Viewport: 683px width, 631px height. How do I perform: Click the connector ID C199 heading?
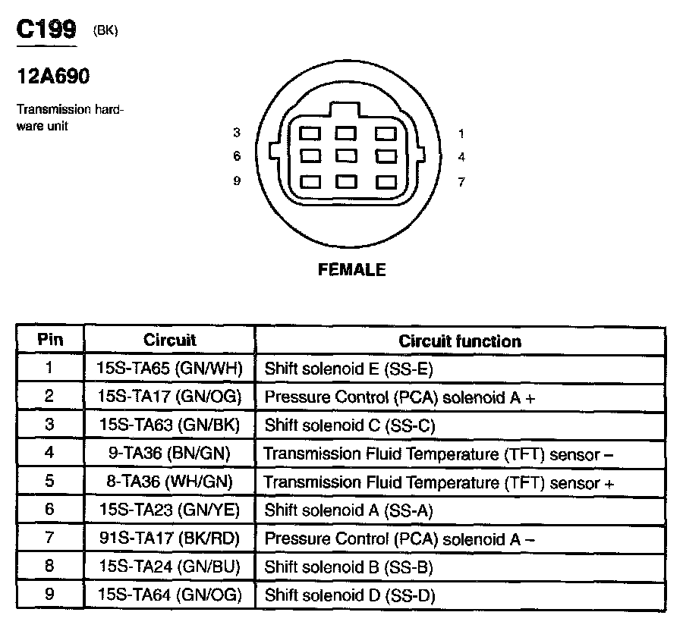click(46, 30)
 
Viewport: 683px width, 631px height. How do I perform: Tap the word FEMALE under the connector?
click(352, 270)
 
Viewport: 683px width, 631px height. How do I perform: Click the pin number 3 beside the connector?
click(237, 133)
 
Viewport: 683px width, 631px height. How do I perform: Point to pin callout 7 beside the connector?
click(461, 182)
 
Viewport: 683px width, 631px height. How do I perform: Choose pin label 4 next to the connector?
click(461, 157)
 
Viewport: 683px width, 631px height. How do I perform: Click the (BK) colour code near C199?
click(105, 31)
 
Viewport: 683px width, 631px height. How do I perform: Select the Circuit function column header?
click(460, 341)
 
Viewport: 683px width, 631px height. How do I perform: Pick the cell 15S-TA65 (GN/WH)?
click(169, 369)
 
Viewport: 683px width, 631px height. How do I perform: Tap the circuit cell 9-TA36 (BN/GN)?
click(169, 454)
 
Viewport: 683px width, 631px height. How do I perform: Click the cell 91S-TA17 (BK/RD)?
click(169, 538)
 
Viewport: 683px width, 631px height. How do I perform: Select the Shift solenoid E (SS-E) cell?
click(348, 369)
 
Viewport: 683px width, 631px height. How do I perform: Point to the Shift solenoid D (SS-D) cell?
click(349, 595)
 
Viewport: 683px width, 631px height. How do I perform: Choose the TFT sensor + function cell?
click(439, 482)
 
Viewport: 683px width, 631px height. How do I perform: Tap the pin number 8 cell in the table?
click(50, 567)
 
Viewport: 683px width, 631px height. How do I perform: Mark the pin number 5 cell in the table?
click(50, 482)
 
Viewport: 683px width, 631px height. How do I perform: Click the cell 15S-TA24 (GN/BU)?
click(169, 567)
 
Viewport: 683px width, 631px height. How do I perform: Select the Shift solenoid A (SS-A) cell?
click(348, 510)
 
